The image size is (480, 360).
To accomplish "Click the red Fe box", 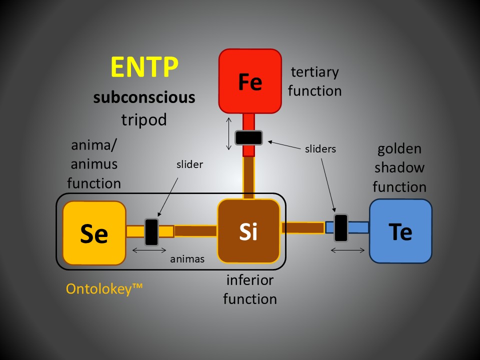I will [x=250, y=81].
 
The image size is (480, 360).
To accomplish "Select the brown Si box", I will [x=248, y=231].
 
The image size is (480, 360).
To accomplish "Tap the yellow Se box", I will [x=94, y=233].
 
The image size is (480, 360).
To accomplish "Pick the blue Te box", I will [x=400, y=231].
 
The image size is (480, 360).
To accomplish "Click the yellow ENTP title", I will [x=144, y=67].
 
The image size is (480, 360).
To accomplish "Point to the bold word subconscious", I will [x=144, y=96].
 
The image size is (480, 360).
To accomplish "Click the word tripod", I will [x=144, y=119].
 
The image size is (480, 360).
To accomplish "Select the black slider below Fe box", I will [x=249, y=137].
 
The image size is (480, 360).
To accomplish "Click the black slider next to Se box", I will [x=151, y=231].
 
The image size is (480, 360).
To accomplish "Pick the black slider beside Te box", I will [x=341, y=228].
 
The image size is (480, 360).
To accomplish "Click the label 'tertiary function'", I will [x=315, y=81].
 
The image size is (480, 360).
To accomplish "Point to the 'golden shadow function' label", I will [x=399, y=168].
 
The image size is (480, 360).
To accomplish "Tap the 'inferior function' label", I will [x=249, y=289].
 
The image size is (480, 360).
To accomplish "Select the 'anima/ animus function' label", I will [x=94, y=164].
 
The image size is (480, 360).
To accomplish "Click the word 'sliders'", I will [x=320, y=148].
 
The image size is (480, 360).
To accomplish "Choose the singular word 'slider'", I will [x=190, y=164].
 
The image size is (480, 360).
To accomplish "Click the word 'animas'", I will [x=187, y=259].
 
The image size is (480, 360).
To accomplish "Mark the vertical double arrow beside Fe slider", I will [x=228, y=133].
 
